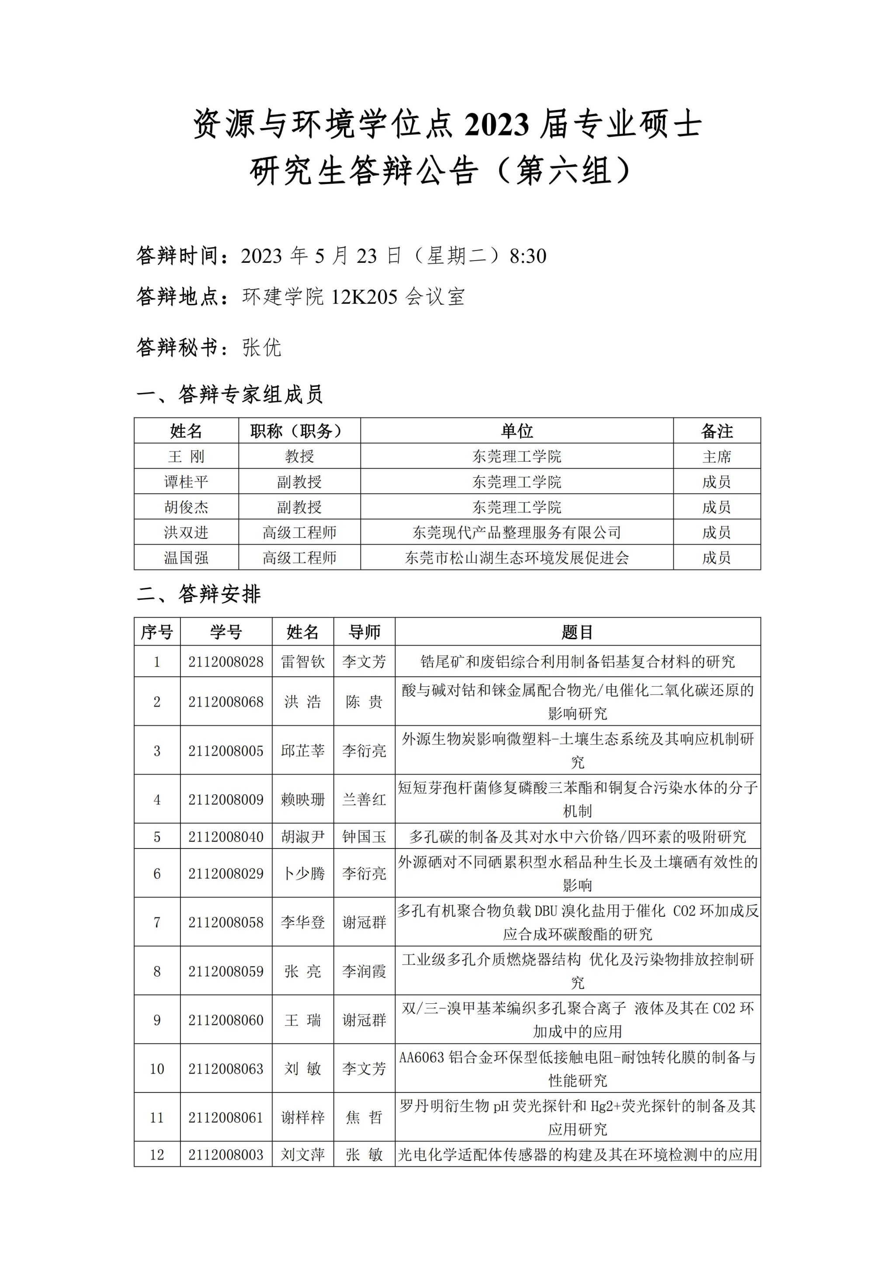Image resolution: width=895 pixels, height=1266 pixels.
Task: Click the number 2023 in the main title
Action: click(x=496, y=125)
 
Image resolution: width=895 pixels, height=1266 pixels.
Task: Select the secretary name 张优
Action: click(x=262, y=348)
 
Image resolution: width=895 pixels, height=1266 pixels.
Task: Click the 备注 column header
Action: click(x=716, y=431)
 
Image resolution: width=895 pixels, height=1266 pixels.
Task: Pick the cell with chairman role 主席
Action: click(x=716, y=456)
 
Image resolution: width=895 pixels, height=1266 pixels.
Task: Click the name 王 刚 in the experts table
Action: click(x=186, y=456)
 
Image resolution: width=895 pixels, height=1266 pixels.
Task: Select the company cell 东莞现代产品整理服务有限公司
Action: click(x=517, y=532)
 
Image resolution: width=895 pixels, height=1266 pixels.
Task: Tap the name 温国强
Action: click(x=186, y=557)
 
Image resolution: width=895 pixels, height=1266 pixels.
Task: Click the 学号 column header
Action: click(x=226, y=632)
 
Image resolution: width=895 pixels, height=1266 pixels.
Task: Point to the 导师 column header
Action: click(x=364, y=632)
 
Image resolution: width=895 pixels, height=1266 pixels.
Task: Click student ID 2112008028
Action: click(x=226, y=662)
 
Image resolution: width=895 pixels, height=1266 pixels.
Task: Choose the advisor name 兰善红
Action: click(x=364, y=800)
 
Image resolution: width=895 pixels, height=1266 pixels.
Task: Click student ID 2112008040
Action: click(x=226, y=837)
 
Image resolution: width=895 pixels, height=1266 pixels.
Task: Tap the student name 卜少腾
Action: click(x=302, y=873)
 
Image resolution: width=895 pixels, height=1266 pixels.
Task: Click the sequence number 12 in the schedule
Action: click(x=157, y=1155)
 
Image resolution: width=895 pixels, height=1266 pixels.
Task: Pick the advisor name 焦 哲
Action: click(x=364, y=1118)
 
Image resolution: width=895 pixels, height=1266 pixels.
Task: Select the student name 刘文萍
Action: click(x=302, y=1155)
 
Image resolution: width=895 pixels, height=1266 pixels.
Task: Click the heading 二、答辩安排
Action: click(x=198, y=595)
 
